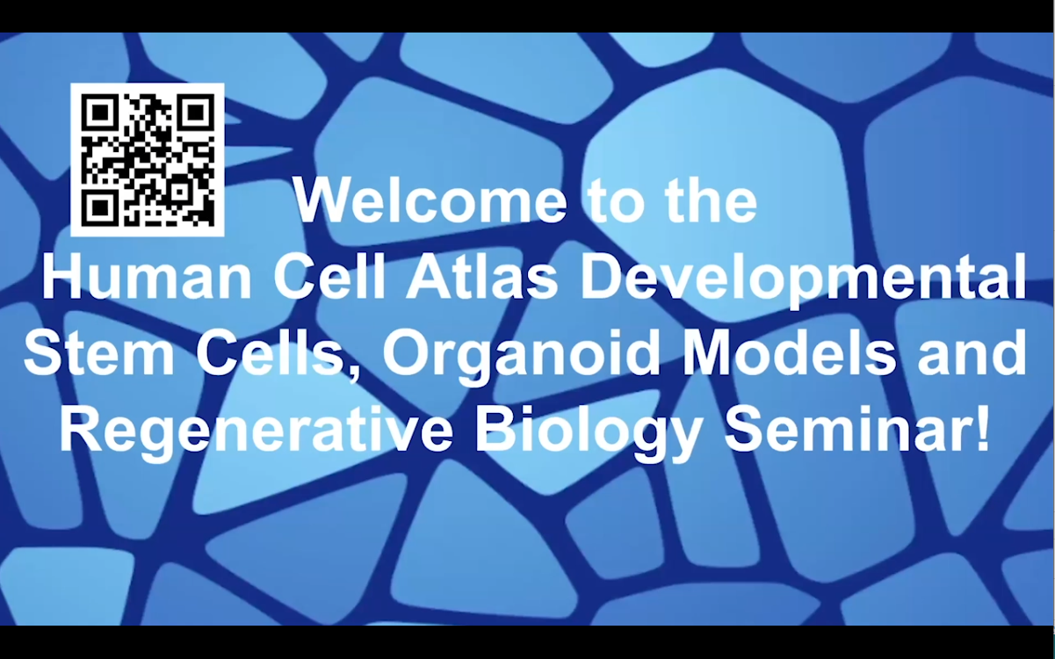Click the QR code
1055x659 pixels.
(x=148, y=160)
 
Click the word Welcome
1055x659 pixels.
(x=430, y=201)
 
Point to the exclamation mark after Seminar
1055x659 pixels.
(x=983, y=431)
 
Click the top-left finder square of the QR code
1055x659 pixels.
(x=100, y=112)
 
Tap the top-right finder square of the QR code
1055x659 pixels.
(x=196, y=112)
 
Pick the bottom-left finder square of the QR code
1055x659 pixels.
(x=100, y=207)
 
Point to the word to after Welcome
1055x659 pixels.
(x=615, y=203)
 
